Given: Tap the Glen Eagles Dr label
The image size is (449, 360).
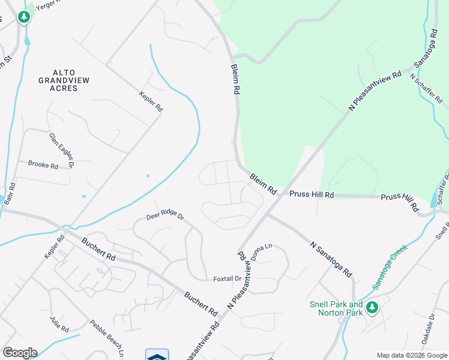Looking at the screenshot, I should coord(62,149).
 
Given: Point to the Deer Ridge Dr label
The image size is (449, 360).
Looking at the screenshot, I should coord(164,216).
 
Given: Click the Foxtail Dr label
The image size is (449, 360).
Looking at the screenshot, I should coord(227,278).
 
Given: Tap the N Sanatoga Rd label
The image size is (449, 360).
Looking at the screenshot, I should coord(331,259).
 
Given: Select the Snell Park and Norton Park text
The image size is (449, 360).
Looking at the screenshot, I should coord(336,308).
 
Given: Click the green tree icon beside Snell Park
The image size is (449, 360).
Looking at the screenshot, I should coord(372,308).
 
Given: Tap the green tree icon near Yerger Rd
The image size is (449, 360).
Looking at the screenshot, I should coord(24,17).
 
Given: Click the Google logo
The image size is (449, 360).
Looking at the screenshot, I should coord(20,352).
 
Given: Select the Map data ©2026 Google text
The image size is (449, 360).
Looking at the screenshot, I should coord(411,355).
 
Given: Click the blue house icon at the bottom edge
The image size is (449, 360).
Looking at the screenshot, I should coord(157,355).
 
